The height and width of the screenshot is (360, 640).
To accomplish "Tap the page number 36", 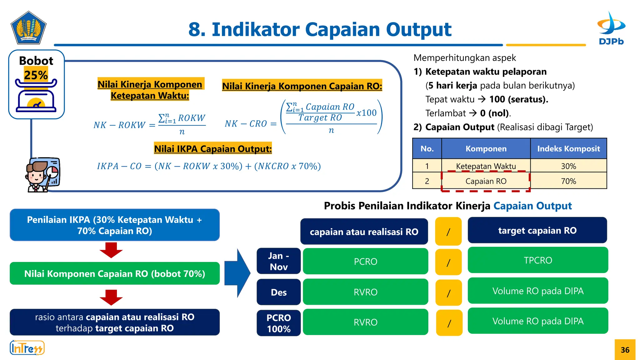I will click(x=625, y=350).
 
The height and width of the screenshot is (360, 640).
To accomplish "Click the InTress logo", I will click(x=27, y=348).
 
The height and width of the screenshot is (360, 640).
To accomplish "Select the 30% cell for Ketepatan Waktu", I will click(x=568, y=166).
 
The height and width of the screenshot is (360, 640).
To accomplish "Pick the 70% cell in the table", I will click(x=568, y=181).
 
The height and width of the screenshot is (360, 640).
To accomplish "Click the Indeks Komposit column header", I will click(x=568, y=149).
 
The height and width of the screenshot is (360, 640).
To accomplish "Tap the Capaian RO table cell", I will click(x=486, y=181).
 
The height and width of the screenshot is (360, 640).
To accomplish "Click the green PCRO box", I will click(x=365, y=261).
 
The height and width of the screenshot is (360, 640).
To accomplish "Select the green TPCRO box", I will click(x=537, y=260).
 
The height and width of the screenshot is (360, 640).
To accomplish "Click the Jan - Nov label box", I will click(x=278, y=261).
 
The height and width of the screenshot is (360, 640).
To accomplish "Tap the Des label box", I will click(x=278, y=292).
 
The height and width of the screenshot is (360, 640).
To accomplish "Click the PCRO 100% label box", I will click(x=278, y=323).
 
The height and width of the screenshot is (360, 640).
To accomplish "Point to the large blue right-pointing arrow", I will click(x=237, y=273).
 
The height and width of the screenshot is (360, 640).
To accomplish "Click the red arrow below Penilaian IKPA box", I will click(x=111, y=250).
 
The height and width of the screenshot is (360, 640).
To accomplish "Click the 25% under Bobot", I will click(x=36, y=75).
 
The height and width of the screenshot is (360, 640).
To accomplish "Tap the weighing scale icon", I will click(x=36, y=97).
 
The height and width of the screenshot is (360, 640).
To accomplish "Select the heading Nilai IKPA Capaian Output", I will click(x=213, y=149).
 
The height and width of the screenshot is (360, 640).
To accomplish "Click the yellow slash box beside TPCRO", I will click(x=448, y=262).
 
